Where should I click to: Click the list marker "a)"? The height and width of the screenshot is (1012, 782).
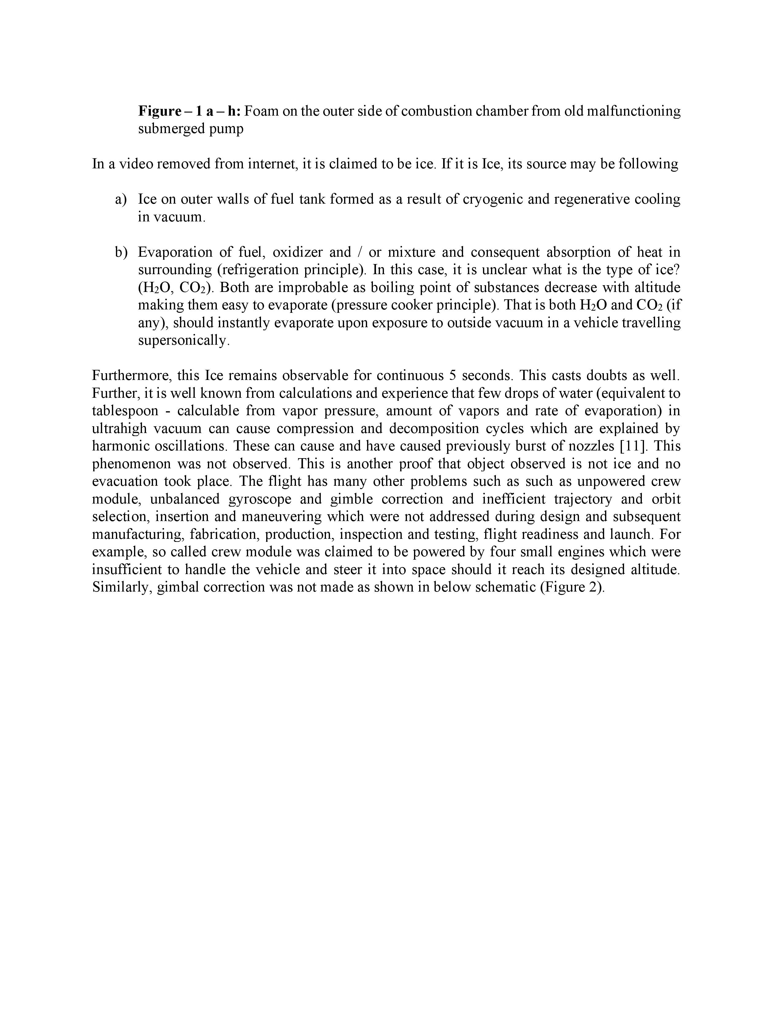click(x=121, y=199)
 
